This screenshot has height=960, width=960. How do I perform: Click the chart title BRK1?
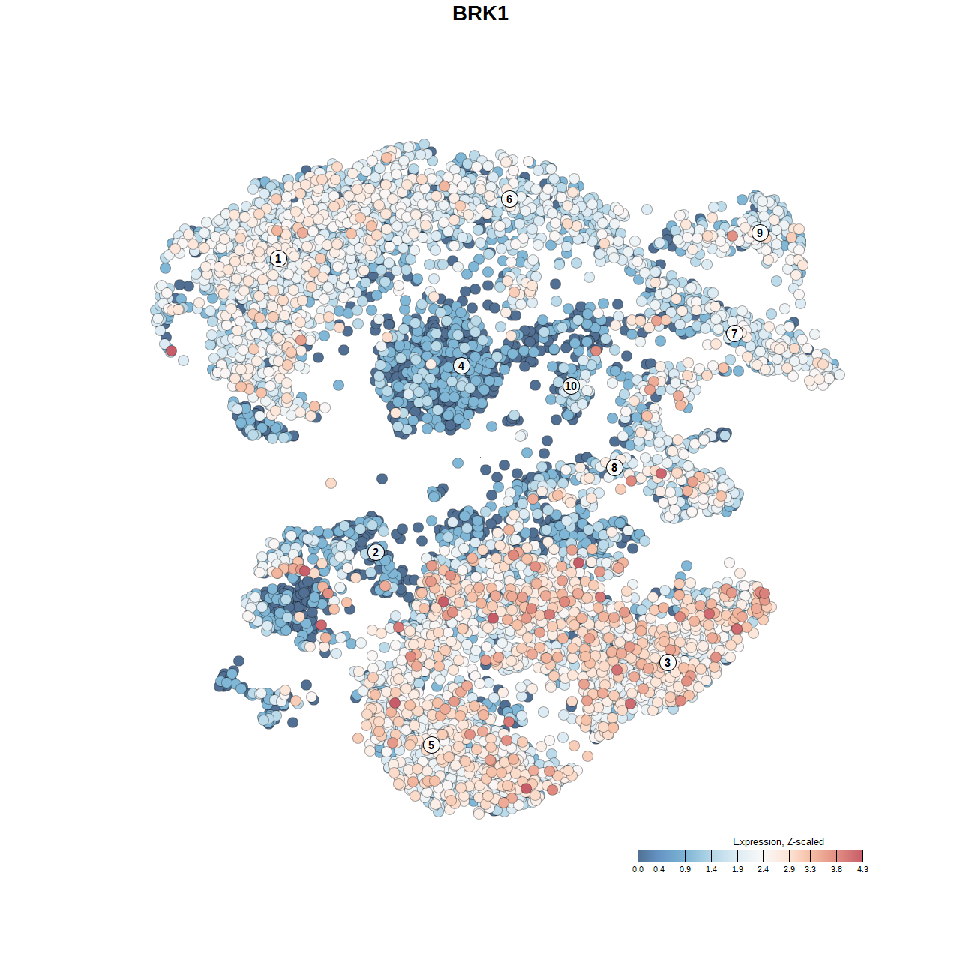[480, 13]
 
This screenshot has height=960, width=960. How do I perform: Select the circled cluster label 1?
[278, 259]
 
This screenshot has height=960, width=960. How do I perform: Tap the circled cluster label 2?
[376, 553]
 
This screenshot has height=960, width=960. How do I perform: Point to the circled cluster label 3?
[667, 662]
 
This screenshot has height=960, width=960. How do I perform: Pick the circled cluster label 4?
[461, 366]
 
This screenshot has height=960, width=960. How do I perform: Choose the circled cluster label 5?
[431, 745]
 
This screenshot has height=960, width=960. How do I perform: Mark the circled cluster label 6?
[509, 199]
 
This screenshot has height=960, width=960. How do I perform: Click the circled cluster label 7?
[734, 334]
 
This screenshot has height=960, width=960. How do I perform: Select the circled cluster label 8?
[614, 468]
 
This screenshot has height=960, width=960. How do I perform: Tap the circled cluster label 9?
[760, 232]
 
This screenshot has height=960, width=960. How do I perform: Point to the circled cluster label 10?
[571, 386]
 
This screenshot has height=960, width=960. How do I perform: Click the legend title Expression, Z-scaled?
[778, 841]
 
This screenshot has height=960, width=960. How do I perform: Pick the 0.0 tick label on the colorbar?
[637, 869]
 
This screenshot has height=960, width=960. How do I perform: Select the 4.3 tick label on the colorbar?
[862, 869]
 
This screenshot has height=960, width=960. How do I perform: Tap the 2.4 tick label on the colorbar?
[763, 869]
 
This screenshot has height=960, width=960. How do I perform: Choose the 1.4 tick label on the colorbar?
[711, 869]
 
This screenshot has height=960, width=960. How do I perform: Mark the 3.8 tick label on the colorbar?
[836, 869]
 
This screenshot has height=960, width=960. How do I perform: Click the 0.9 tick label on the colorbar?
[685, 869]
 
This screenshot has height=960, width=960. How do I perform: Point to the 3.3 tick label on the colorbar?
[810, 869]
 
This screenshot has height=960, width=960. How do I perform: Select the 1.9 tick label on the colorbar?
[737, 869]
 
